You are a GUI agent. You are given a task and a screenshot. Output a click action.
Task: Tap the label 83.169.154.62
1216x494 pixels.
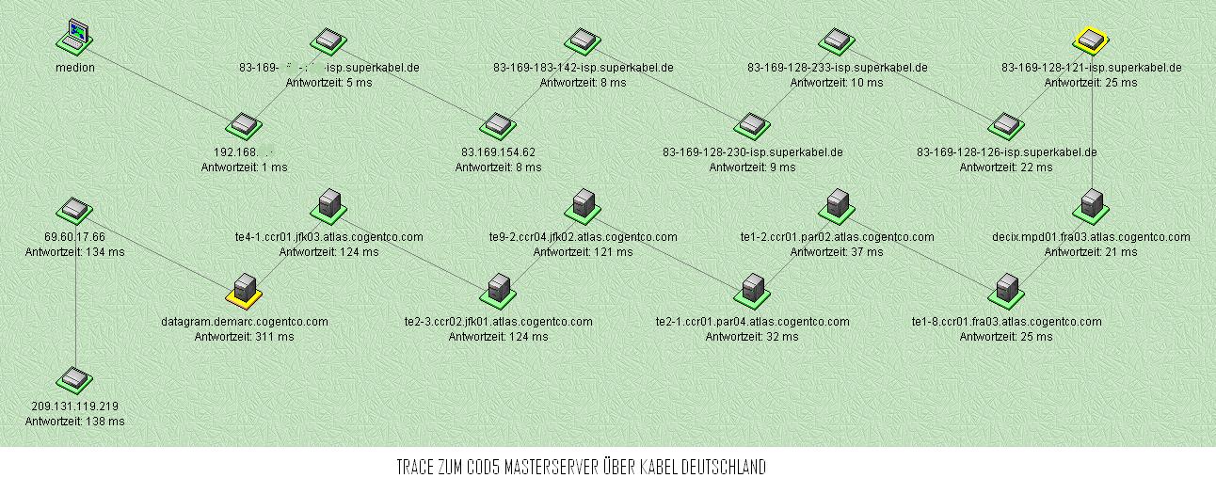coord(498,152)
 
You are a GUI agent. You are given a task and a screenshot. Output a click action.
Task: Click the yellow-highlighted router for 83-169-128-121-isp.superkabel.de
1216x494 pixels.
coord(1091,40)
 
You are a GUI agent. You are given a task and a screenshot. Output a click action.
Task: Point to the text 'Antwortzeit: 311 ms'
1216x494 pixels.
coord(245,336)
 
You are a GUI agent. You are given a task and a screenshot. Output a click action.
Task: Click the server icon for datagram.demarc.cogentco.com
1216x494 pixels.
coord(245,289)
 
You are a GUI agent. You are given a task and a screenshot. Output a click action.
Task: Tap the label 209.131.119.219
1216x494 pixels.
coord(74,406)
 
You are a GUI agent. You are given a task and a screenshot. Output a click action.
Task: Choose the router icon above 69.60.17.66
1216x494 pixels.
coord(73,210)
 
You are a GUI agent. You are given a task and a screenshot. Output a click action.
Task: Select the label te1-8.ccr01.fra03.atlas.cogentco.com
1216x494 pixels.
coord(1006,322)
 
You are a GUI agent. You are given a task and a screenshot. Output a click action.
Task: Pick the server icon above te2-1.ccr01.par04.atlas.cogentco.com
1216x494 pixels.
coord(752,289)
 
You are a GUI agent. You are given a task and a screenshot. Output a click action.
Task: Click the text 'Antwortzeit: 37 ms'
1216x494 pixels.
coord(837,252)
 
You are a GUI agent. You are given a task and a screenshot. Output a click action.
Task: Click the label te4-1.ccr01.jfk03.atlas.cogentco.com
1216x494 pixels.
coord(328,237)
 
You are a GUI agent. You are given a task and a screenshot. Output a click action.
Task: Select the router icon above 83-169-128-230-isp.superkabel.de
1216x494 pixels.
coord(752,124)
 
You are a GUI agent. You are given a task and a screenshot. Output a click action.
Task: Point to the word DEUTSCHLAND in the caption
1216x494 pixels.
coord(721,468)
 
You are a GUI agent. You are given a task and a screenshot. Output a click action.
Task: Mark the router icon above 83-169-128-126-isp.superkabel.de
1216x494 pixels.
coord(1006,124)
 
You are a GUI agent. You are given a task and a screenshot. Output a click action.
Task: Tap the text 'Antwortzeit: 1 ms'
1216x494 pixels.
coord(244,167)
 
